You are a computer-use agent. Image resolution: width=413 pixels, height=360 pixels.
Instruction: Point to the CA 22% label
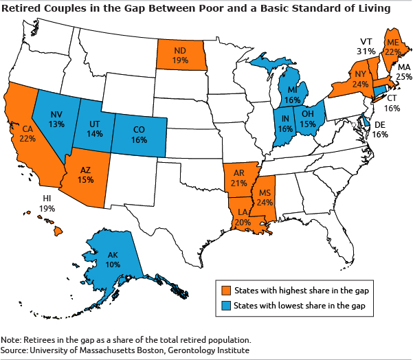(28, 134)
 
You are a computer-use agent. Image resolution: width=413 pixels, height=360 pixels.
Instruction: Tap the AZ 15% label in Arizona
(85, 175)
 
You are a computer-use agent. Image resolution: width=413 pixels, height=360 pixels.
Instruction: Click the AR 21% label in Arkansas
(240, 179)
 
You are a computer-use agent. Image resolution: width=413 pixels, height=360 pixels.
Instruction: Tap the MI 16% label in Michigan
(293, 95)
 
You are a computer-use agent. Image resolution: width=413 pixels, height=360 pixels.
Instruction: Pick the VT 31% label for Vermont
(366, 46)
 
